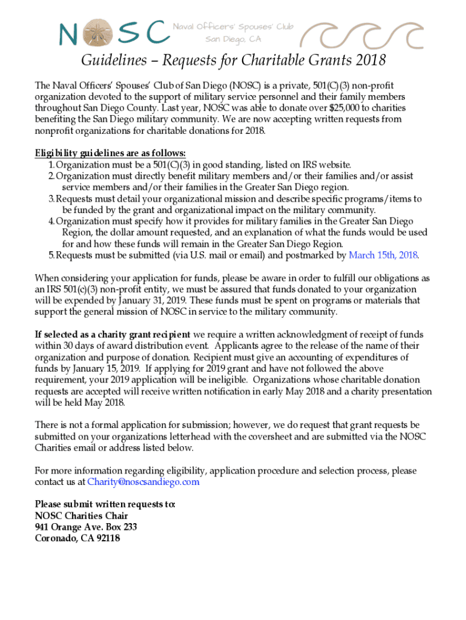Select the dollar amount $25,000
(x=344, y=108)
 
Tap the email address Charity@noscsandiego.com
(x=143, y=482)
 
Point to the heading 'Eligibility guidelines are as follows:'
(x=110, y=153)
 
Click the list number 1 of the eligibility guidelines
(x=51, y=165)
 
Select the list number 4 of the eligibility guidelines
(x=51, y=221)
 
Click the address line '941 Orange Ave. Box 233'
(x=86, y=527)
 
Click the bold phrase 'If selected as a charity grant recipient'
(x=113, y=335)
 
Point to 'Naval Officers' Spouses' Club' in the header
(x=233, y=27)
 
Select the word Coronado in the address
(x=56, y=538)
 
